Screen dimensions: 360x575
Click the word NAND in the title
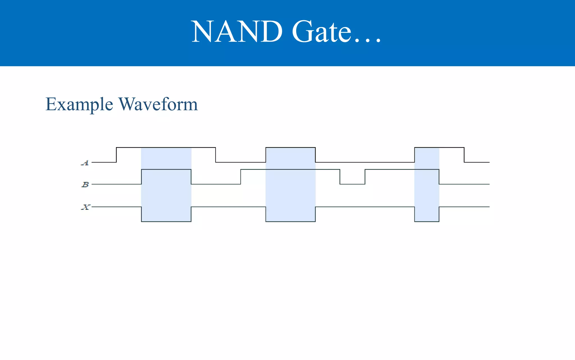point(237,31)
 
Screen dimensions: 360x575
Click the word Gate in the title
point(321,31)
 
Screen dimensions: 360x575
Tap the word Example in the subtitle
point(79,105)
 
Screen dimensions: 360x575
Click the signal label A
point(85,163)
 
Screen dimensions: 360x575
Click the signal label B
point(85,184)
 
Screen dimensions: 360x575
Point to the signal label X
point(85,207)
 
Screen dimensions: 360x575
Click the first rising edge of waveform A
point(117,155)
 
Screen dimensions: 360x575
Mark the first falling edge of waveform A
point(216,155)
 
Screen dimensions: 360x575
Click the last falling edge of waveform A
point(464,155)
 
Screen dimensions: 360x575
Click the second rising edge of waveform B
point(241,177)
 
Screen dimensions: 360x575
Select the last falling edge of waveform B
point(439,177)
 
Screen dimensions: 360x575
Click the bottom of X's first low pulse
point(166,221)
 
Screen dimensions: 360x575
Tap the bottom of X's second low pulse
point(291,221)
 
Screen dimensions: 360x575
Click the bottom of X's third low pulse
point(427,221)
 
